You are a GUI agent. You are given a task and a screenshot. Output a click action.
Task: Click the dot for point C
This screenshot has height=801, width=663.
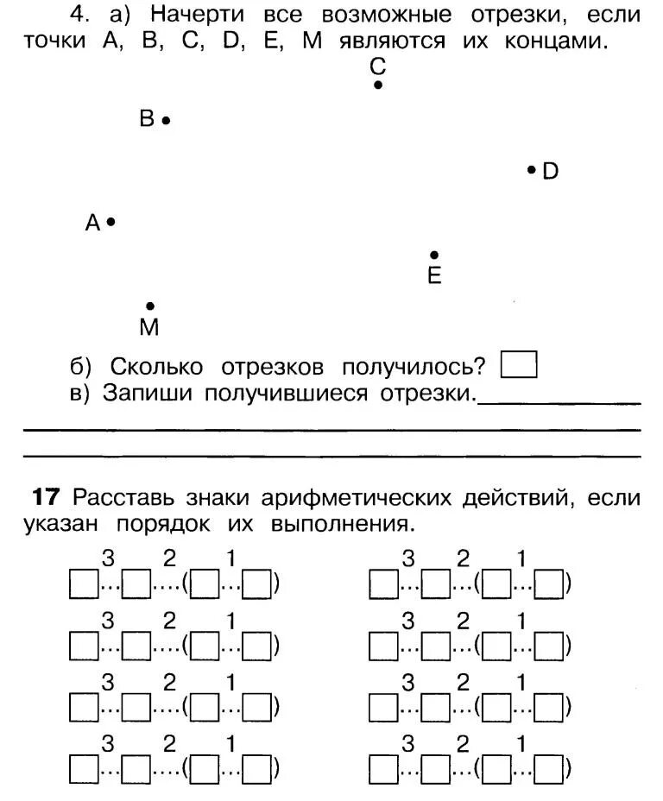pos(378,85)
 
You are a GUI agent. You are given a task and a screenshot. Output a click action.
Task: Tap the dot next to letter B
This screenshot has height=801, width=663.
pos(166,121)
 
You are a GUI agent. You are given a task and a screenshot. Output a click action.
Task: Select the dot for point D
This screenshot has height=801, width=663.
pos(531,170)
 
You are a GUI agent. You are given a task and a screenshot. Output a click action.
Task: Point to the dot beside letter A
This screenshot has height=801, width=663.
pos(111,223)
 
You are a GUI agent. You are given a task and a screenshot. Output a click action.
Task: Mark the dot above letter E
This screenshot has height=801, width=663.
pos(434,255)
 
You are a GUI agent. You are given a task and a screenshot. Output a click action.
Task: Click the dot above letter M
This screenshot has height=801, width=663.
pos(150,306)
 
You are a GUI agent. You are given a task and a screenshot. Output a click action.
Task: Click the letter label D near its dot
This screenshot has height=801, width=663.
pos(550,172)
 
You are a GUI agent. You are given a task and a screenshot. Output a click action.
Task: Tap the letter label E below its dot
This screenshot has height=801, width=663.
pos(434,276)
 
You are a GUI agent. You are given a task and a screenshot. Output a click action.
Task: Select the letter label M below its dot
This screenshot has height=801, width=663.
pos(149,327)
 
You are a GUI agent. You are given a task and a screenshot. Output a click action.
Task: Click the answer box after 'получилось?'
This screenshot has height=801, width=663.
pos(519,365)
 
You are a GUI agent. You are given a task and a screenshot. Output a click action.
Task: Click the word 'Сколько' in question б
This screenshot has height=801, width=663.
pos(156,367)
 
